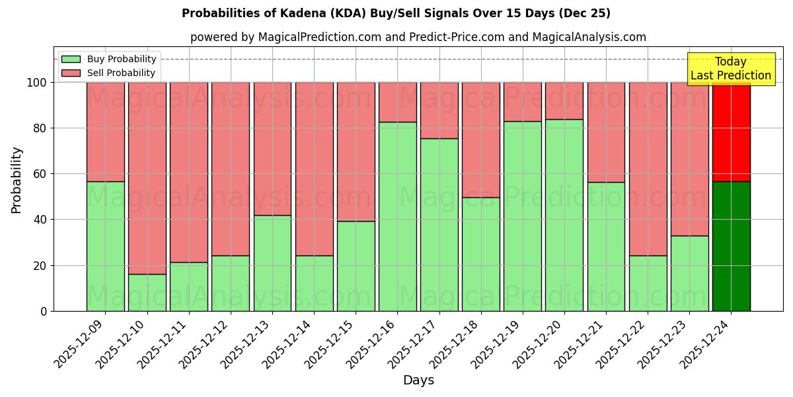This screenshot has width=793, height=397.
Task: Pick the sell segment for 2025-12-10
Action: coord(147,178)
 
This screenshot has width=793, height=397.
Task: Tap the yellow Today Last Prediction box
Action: coord(730,69)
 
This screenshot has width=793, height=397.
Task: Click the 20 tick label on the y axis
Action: coord(40,265)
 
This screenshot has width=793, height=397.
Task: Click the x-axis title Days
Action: coord(418,380)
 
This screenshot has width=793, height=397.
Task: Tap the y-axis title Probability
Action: coord(17,180)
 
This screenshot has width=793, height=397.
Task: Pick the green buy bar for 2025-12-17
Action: coord(439,224)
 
